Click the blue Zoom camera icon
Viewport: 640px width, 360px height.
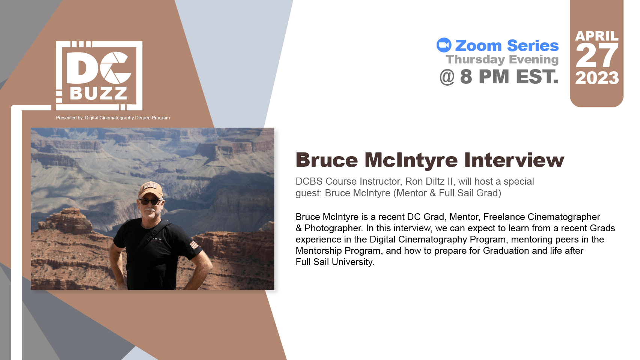(444, 45)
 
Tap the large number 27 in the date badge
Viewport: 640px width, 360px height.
(597, 56)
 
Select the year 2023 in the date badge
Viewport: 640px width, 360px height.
(597, 78)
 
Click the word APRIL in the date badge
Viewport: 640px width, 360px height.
(597, 36)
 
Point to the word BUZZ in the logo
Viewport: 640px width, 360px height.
(99, 93)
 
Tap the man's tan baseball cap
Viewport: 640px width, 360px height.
(151, 190)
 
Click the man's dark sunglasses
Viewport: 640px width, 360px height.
(150, 202)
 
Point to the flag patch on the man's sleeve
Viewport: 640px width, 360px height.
(194, 245)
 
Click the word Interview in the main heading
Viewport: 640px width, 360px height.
(514, 160)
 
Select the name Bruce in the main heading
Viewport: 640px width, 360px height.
(327, 160)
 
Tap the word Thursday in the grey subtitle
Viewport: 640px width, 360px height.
(476, 60)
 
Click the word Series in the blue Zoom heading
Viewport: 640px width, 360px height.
(533, 46)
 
